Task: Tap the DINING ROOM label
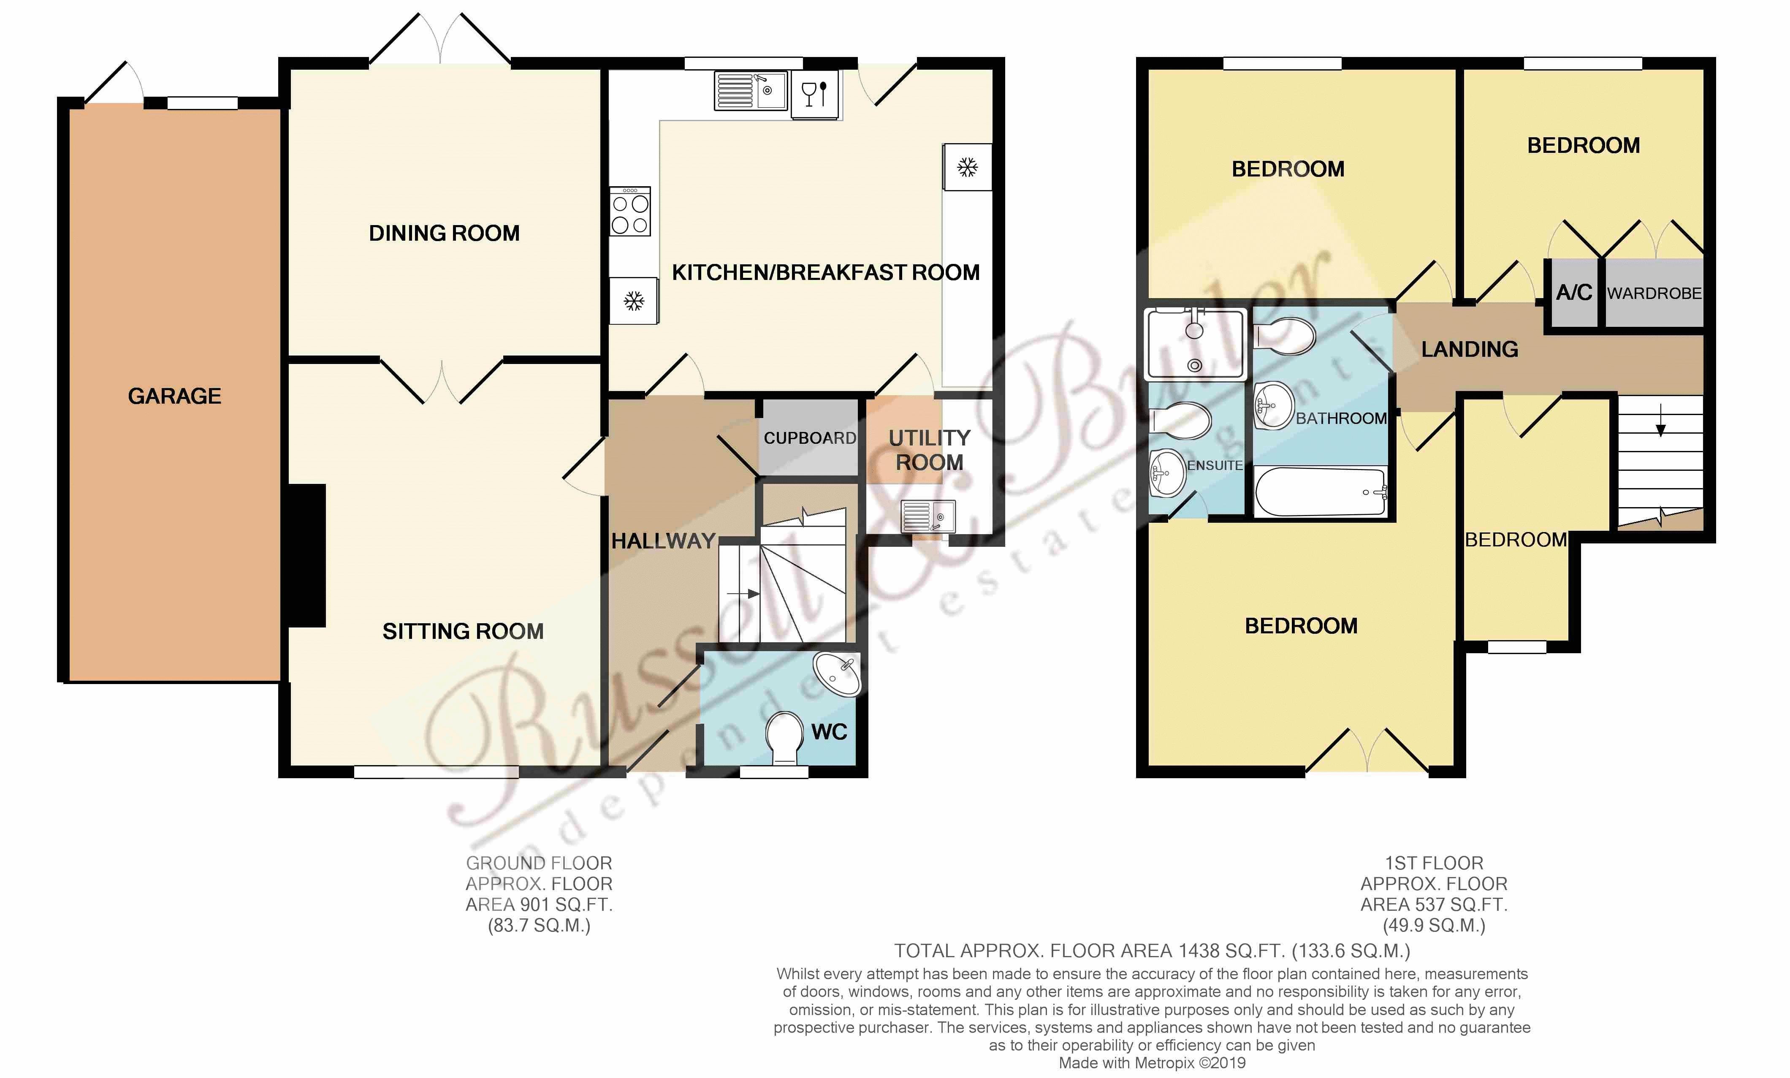445,233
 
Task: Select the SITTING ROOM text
463,631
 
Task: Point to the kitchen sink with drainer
751,91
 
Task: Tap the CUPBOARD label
810,438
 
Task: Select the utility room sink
928,516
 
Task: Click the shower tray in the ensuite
1195,344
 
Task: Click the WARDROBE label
1654,293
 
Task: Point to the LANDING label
1470,349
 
